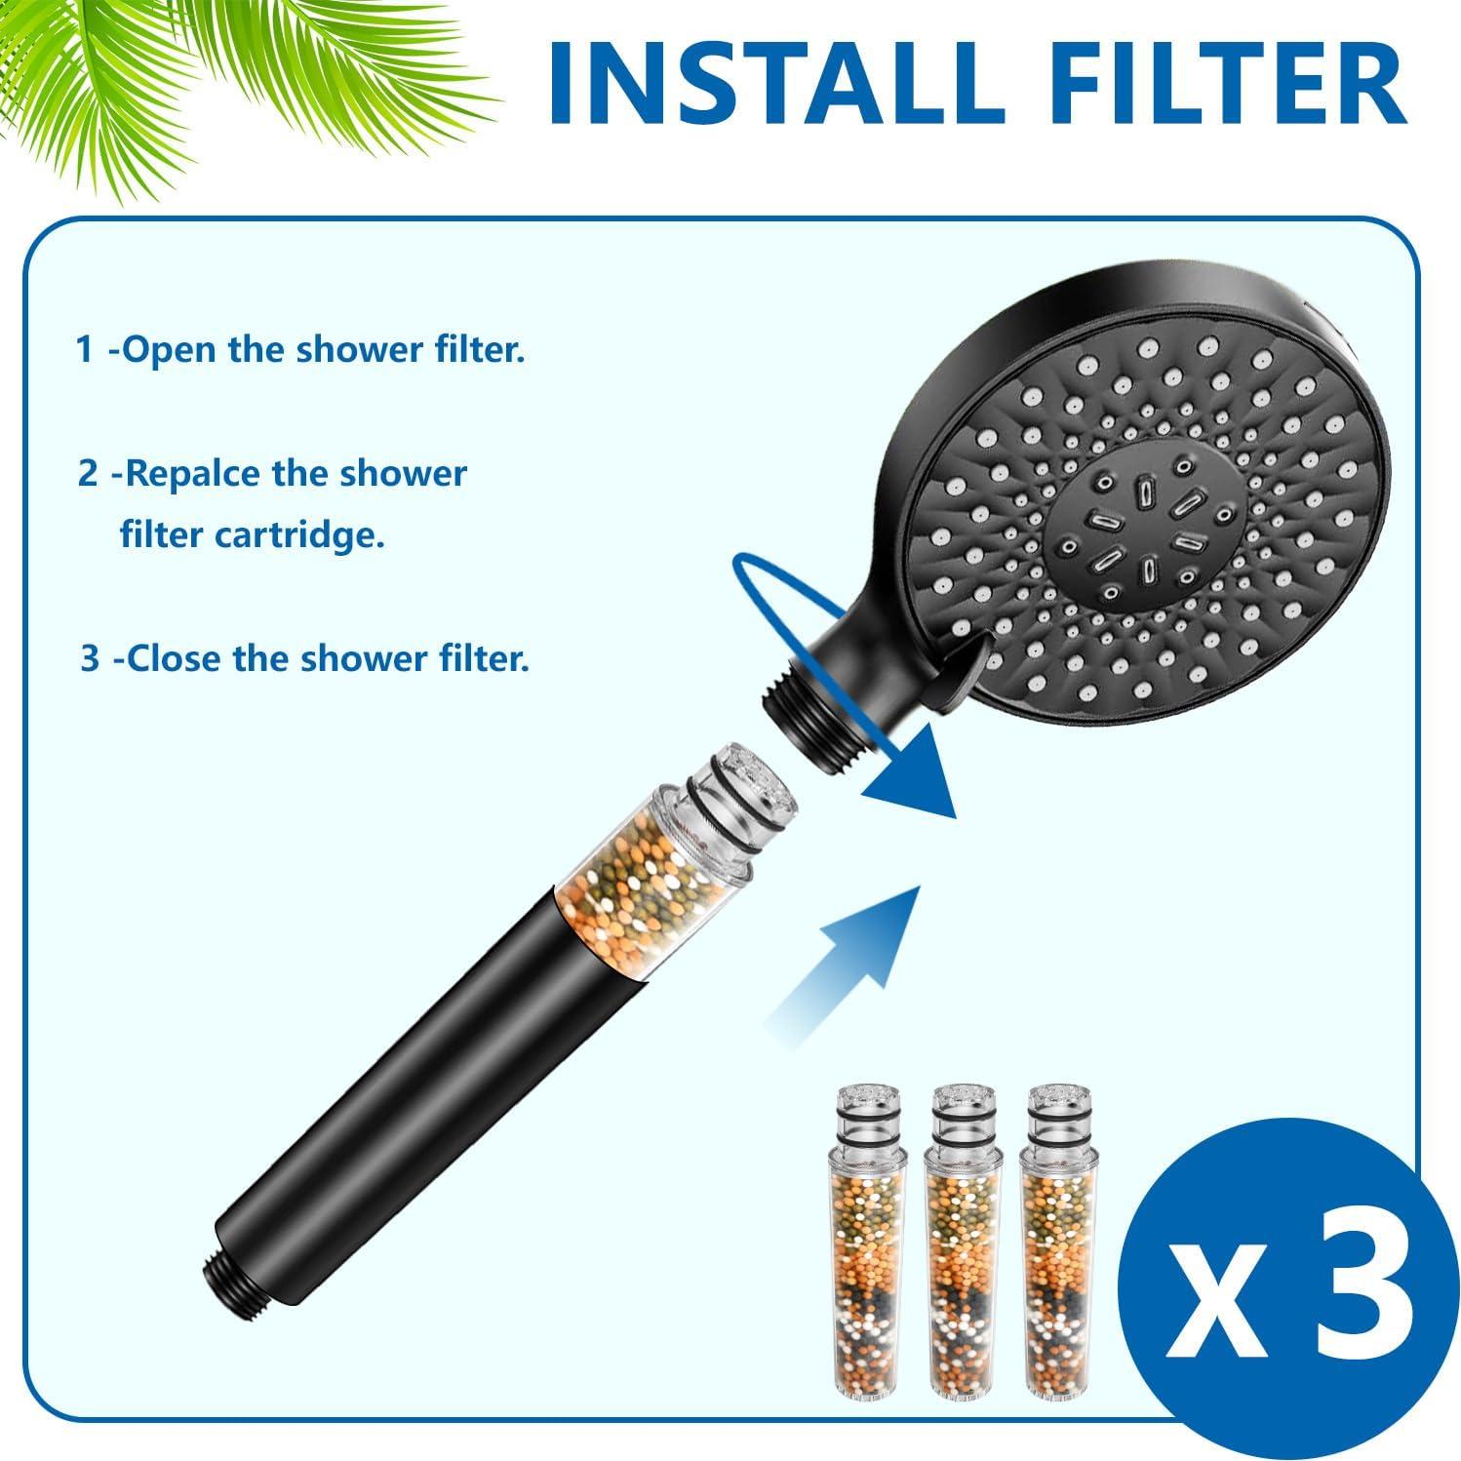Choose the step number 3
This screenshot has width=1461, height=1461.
(x=90, y=658)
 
